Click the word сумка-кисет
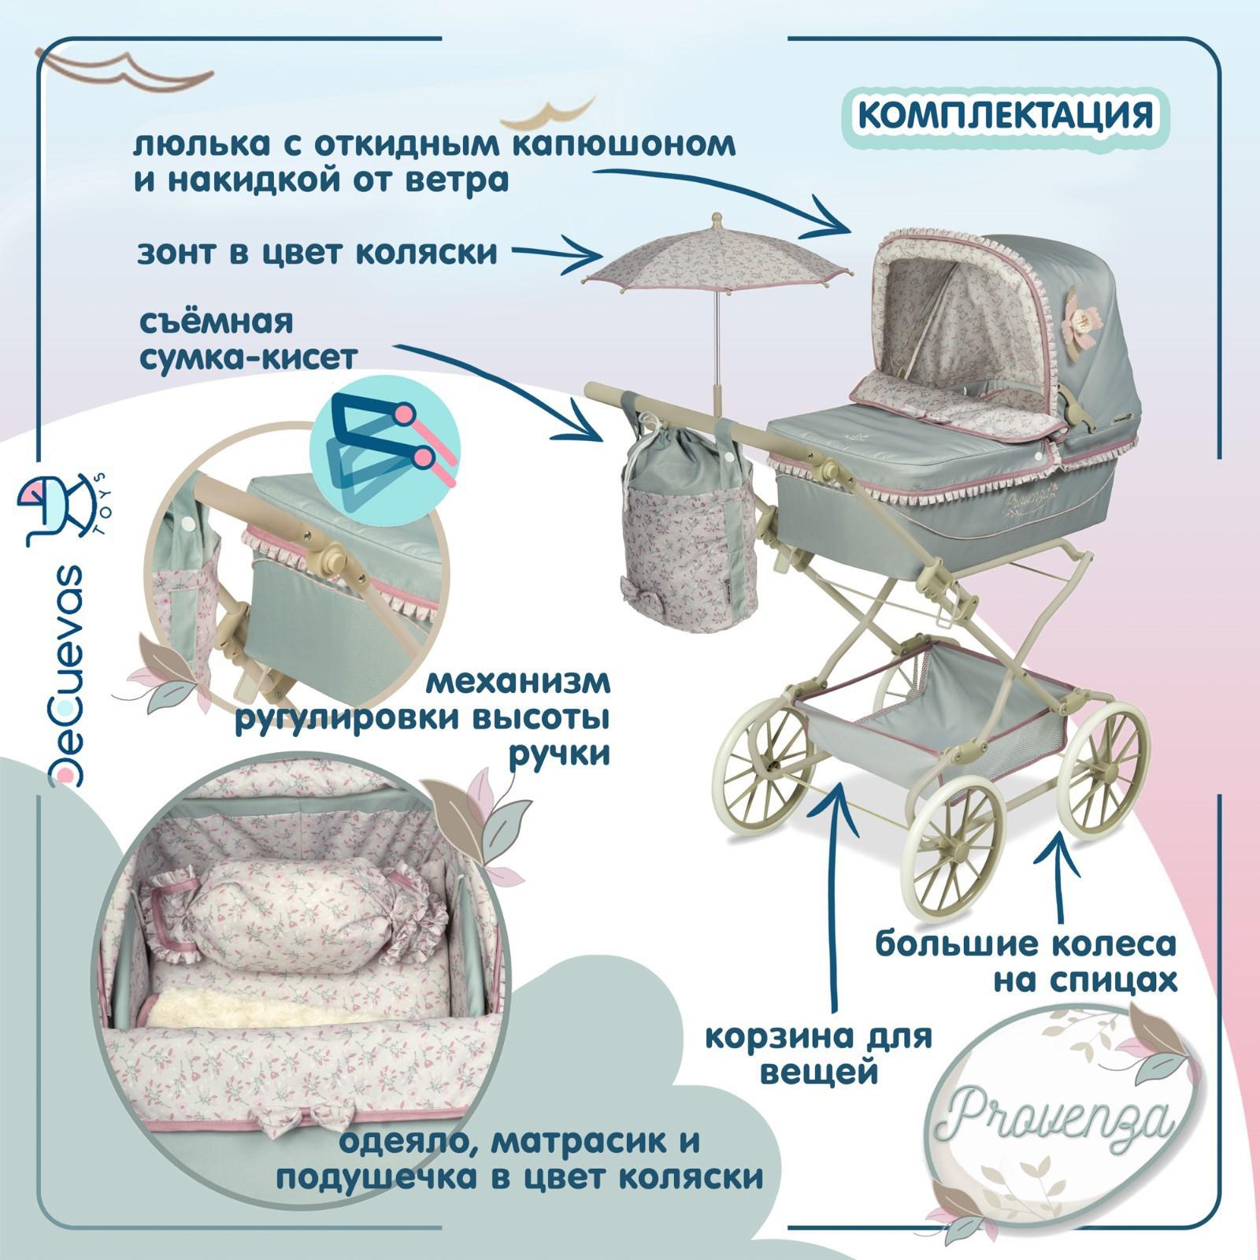pyautogui.click(x=248, y=358)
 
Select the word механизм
pyautogui.click(x=518, y=682)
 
